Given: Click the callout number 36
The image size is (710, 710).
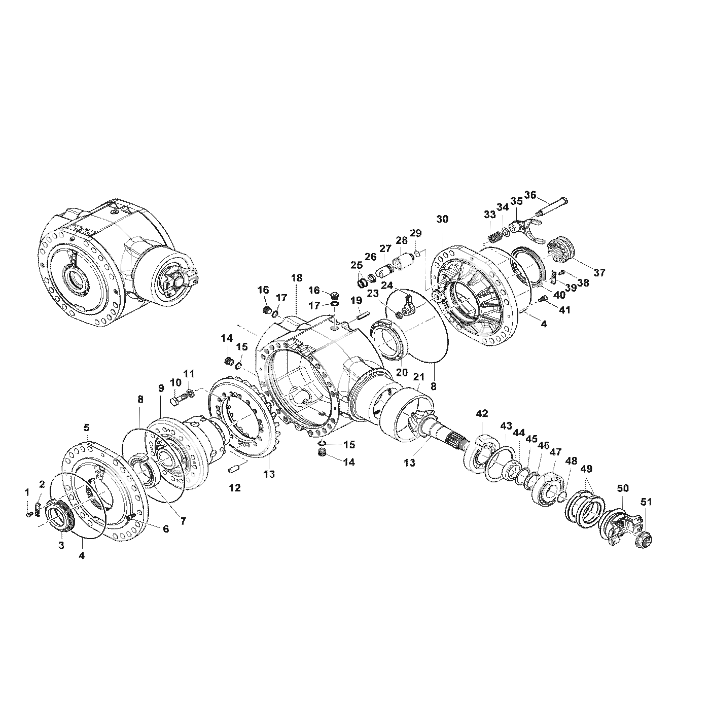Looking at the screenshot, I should [530, 195].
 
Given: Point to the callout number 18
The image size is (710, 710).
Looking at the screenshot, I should [296, 278].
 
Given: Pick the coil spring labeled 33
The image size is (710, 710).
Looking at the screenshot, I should [492, 236].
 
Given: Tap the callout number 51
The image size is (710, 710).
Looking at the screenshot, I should [646, 502].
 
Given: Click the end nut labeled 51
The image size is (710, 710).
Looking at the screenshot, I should [644, 540].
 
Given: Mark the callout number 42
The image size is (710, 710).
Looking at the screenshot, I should [481, 414].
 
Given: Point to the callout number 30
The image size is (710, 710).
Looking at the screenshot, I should [442, 219].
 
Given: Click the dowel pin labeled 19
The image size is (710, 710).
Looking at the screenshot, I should [362, 316].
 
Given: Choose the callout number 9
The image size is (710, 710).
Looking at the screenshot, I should [161, 388].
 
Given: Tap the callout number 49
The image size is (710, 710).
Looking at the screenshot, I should [586, 469].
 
